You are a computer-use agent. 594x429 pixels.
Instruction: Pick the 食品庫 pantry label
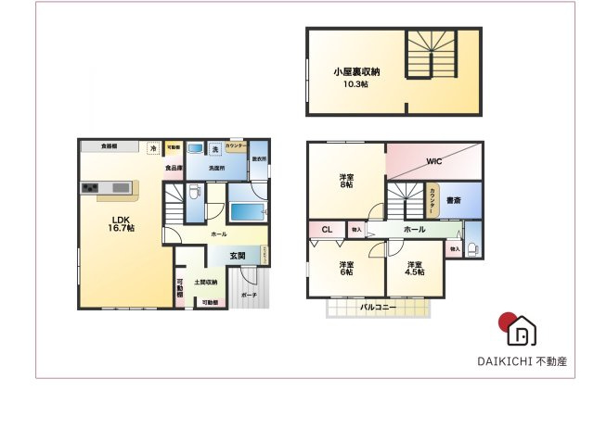click(174, 169)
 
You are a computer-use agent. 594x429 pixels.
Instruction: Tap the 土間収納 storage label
click(206, 282)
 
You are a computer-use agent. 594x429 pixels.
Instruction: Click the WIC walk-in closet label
click(433, 161)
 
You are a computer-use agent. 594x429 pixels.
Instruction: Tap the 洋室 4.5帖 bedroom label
click(414, 268)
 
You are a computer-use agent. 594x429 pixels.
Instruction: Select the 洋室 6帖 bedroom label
click(345, 268)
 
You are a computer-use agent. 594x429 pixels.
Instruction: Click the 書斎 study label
click(454, 200)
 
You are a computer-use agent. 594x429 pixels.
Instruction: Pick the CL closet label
click(327, 230)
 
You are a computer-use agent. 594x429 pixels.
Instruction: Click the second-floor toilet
click(473, 246)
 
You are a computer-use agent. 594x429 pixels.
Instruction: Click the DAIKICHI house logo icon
click(522, 330)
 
